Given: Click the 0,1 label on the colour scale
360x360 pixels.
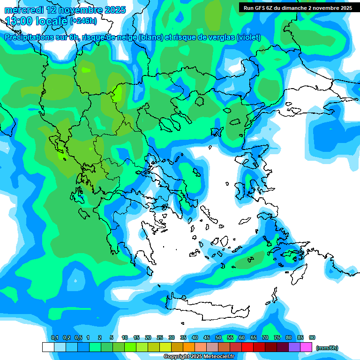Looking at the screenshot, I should coord(55,337).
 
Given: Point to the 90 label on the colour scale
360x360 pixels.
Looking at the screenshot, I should coord(312,337).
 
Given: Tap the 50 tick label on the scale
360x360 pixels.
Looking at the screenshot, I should coord(218,337).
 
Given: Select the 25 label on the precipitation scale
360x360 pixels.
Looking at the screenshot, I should coord(160,337).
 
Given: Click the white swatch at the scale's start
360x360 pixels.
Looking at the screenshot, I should coord(48,347).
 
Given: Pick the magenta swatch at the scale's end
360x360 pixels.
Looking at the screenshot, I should coord(307,347).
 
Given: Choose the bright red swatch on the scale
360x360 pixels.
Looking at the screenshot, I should coord(247,347).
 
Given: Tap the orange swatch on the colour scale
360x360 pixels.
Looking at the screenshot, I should coord(189,347).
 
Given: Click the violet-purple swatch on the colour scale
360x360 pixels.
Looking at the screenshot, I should coord(294,347).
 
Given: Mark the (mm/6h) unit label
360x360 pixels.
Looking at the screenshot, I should coord(327,348).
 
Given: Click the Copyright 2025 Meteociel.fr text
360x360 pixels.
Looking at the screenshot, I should coord(199,356).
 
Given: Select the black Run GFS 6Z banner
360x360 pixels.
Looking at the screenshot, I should coord(298,8).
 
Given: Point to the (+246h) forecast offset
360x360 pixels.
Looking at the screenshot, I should coord(83,21).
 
